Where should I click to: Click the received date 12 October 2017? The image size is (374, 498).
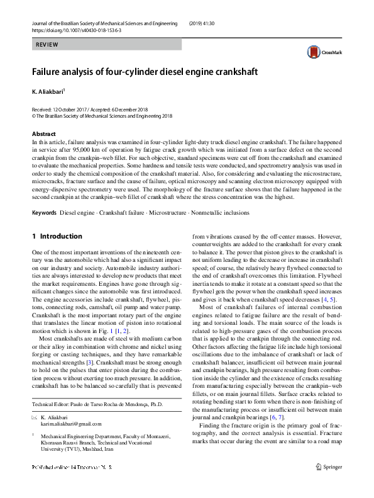coord(72,110)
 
